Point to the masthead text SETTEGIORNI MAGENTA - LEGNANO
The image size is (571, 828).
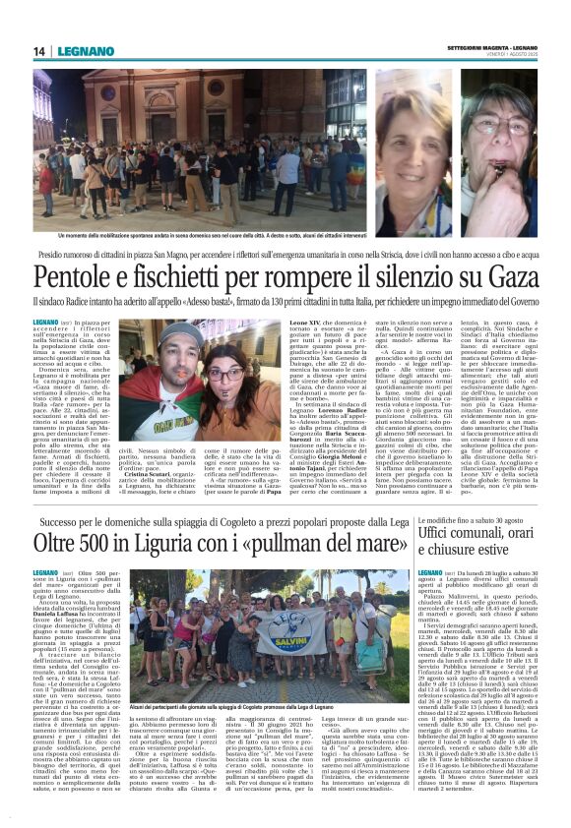[496, 46]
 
